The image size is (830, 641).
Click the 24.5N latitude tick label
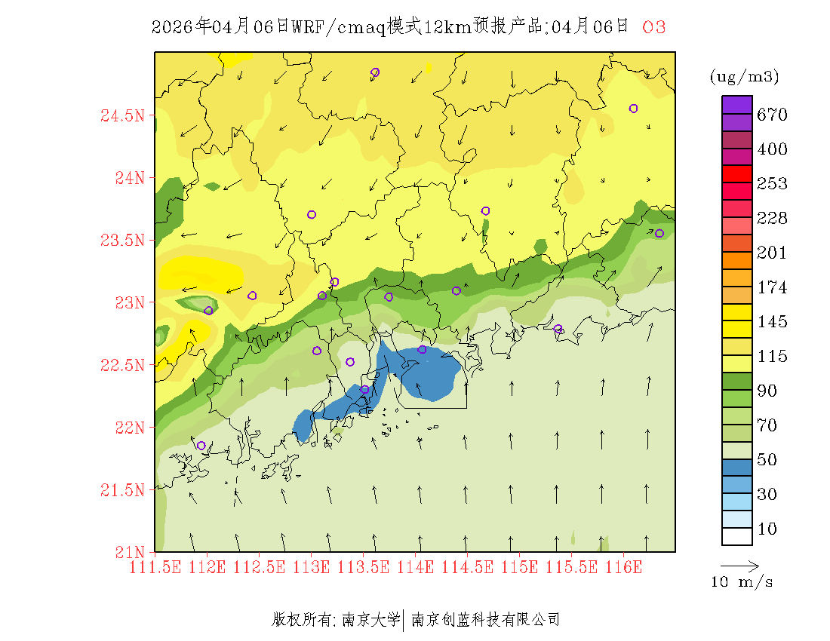tap(122, 116)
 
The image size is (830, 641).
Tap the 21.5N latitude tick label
tap(122, 491)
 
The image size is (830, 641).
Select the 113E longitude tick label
tap(312, 566)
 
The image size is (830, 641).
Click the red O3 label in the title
tap(653, 28)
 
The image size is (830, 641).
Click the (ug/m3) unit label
tap(744, 77)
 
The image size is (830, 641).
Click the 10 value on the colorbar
tap(767, 529)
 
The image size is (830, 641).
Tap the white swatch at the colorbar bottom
tap(737, 536)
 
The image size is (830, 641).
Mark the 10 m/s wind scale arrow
tap(739, 566)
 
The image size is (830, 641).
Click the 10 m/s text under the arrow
tap(742, 582)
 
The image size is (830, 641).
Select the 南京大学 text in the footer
tap(370, 620)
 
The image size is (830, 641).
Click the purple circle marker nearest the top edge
tap(375, 72)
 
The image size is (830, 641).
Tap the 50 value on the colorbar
tap(767, 460)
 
